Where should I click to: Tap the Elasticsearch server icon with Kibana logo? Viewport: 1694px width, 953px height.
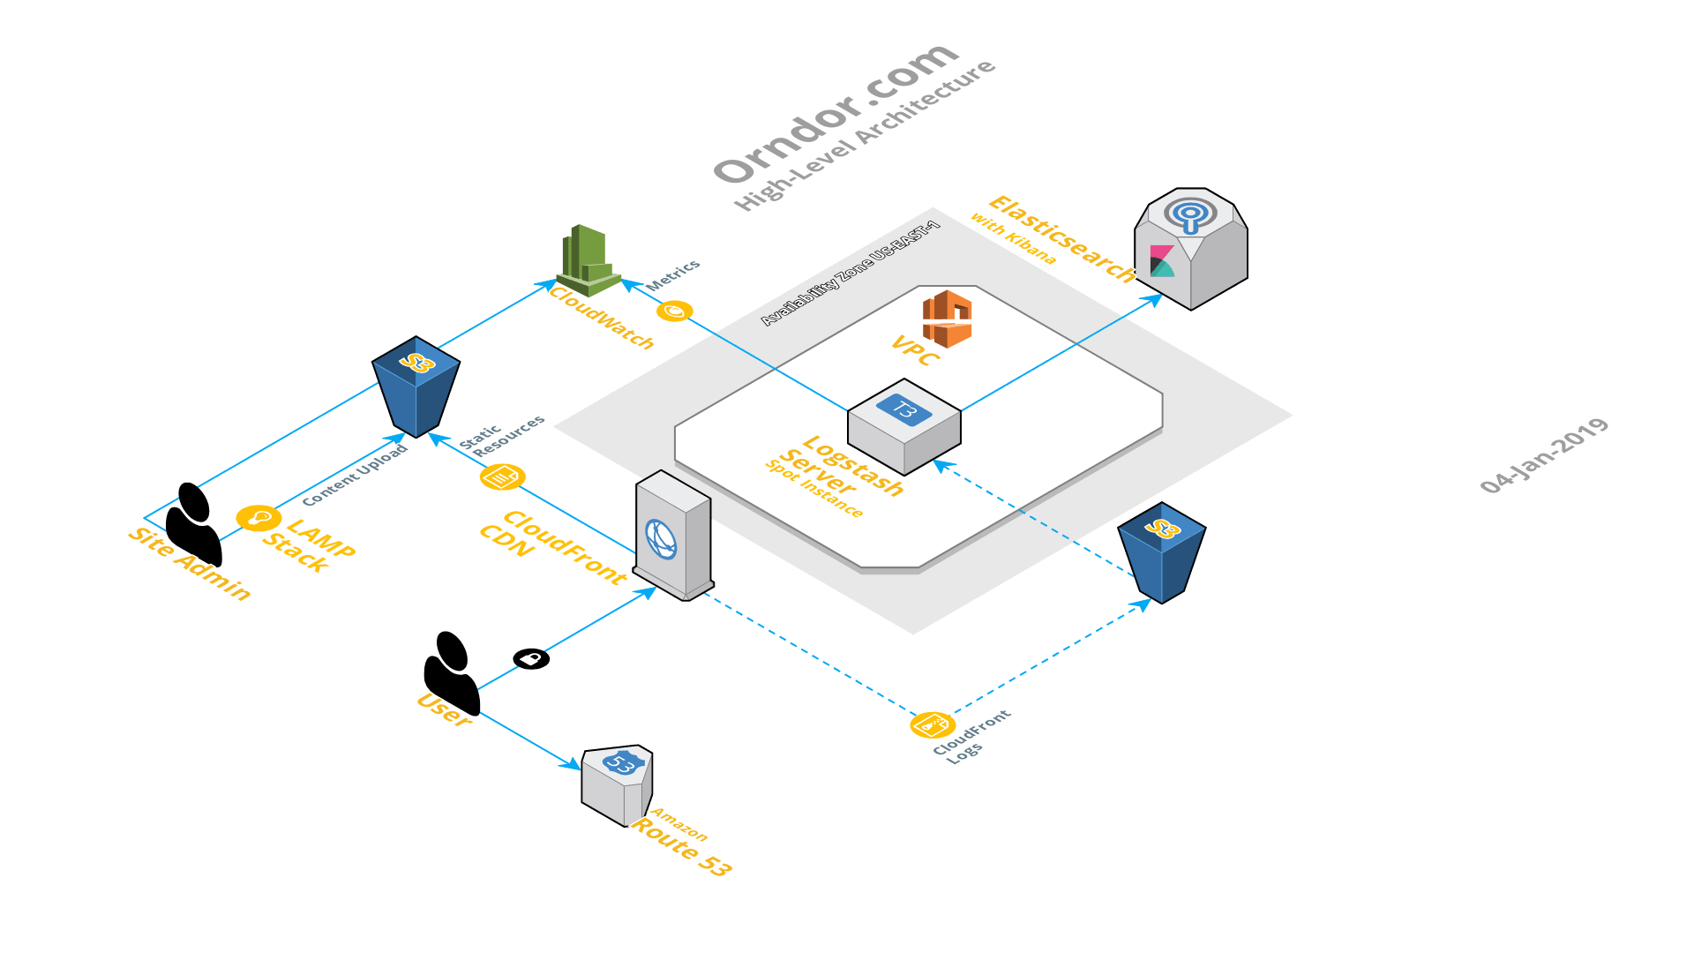coord(1191,247)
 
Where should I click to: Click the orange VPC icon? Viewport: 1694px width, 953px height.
coord(947,319)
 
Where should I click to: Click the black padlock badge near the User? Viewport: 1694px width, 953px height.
coord(531,658)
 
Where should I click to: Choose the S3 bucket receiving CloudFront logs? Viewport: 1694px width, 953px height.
coord(1162,552)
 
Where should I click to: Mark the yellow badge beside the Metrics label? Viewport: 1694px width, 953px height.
coord(675,311)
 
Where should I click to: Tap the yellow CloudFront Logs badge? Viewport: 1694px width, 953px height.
coord(933,724)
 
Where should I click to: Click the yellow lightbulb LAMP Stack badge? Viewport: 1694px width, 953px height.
coord(259,517)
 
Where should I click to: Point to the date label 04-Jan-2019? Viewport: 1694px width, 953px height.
coord(1544,456)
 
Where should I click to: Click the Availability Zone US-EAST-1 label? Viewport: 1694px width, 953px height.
coord(851,274)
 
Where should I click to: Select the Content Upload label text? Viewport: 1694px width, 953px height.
coord(355,475)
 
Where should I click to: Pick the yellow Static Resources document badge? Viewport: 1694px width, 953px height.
coord(502,477)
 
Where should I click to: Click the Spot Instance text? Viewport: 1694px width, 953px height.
coord(813,489)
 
